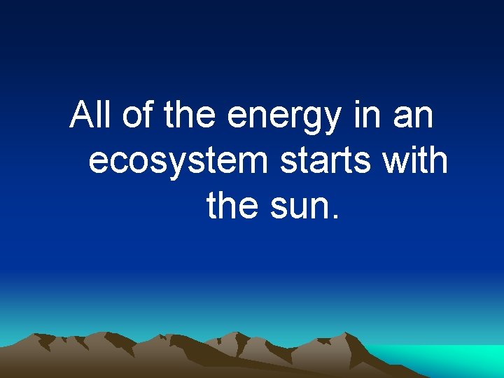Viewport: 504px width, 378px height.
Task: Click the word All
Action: [92, 115]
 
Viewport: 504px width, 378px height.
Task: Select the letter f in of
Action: [148, 115]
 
